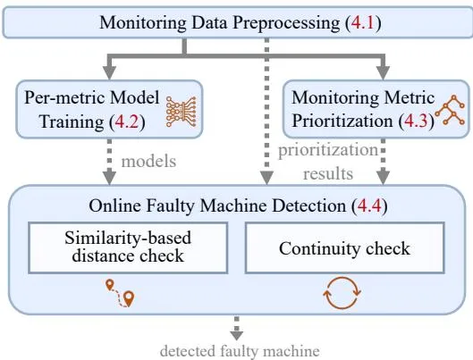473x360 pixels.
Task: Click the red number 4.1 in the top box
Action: (363, 22)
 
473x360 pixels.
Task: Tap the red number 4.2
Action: (127, 121)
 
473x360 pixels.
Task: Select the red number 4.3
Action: (416, 121)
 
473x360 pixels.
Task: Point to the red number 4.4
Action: (369, 205)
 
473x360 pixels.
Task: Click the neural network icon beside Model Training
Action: (182, 112)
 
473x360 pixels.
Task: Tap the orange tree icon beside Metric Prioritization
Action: (450, 110)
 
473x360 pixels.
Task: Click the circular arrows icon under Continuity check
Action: (342, 293)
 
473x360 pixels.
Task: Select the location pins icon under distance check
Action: (121, 293)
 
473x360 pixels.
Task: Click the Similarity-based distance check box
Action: (128, 247)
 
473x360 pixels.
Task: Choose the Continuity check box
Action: (344, 247)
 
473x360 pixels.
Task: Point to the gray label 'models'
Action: (148, 162)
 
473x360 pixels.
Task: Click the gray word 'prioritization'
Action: (328, 150)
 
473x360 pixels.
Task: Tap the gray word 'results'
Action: (328, 174)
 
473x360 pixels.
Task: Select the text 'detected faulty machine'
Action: (240, 351)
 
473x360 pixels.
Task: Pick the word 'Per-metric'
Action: (66, 97)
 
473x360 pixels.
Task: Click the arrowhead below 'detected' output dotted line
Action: (237, 336)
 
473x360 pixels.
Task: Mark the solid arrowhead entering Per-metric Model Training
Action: (109, 72)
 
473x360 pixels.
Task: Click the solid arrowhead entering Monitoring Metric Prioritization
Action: (383, 72)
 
